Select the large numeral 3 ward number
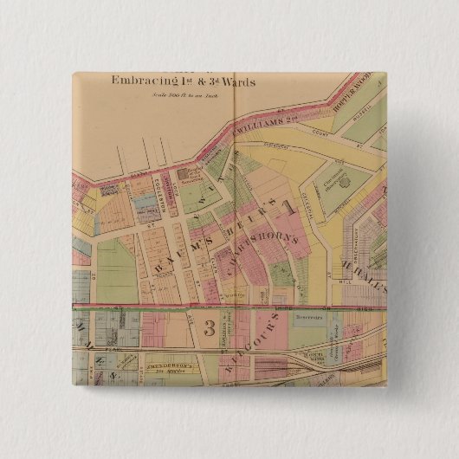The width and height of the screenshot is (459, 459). [209, 327]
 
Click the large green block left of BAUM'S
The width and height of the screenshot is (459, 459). [116, 271]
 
